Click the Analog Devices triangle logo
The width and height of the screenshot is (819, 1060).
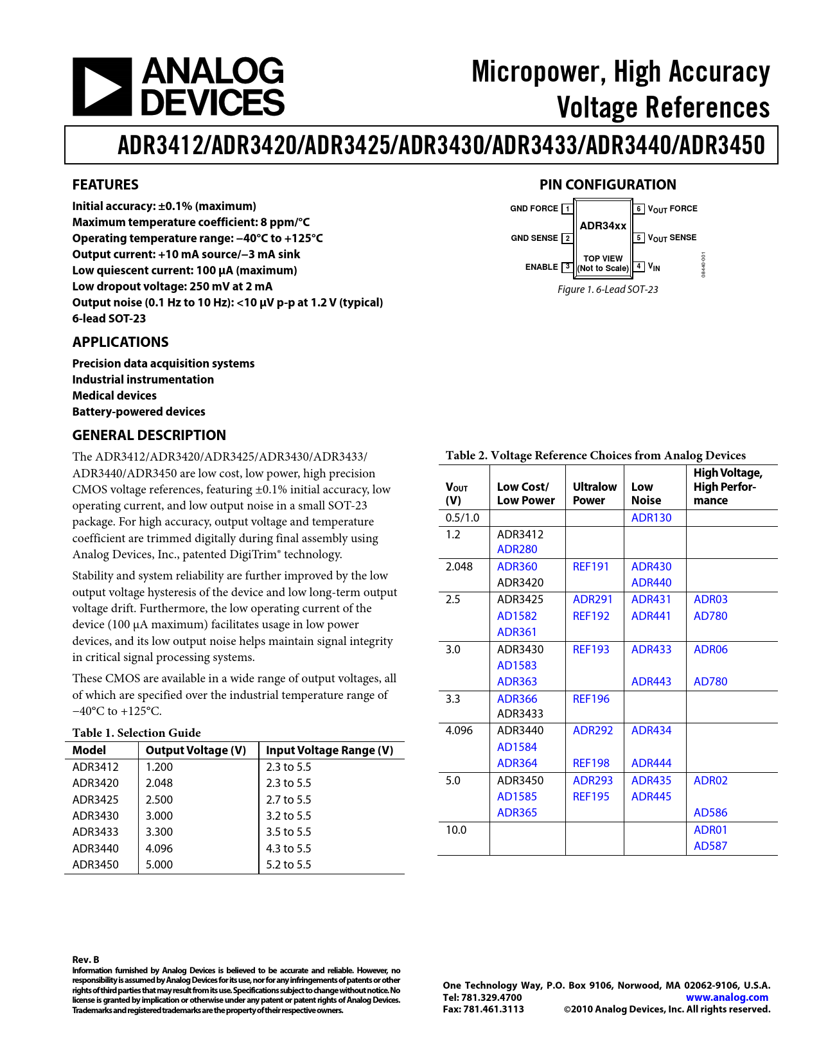click(101, 87)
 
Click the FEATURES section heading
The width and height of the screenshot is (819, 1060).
click(105, 185)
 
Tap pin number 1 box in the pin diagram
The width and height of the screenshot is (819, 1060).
click(568, 209)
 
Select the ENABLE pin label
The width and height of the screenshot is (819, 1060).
click(542, 267)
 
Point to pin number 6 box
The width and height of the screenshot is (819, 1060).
click(638, 209)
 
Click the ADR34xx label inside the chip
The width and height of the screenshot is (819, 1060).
click(603, 225)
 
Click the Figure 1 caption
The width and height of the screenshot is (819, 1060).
click(608, 290)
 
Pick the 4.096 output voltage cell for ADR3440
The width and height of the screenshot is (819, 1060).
click(159, 849)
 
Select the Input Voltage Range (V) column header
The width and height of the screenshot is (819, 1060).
click(330, 750)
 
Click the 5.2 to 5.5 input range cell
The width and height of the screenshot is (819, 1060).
click(288, 865)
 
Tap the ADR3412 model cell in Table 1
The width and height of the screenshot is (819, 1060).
click(95, 767)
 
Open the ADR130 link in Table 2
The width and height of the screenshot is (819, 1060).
click(651, 518)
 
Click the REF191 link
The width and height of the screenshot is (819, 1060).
click(590, 567)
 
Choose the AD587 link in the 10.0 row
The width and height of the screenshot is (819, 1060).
click(710, 846)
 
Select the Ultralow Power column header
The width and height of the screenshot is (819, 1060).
click(594, 493)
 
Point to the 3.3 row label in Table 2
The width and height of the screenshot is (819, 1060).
click(453, 699)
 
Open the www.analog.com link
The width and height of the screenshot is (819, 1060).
click(727, 998)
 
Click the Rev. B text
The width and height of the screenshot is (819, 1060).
click(85, 960)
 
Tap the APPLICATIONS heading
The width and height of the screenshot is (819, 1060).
click(120, 342)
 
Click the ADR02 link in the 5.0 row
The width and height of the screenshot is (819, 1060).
click(710, 781)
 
